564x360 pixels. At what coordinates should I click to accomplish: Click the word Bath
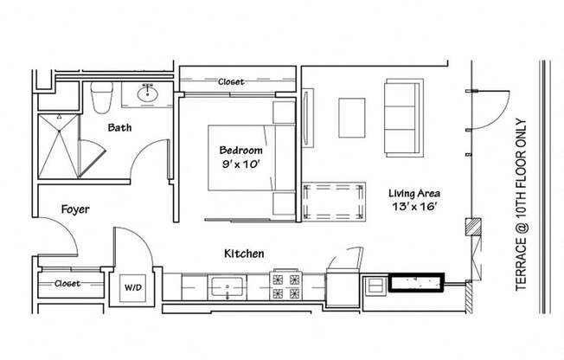119,128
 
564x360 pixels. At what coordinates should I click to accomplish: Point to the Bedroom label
240,150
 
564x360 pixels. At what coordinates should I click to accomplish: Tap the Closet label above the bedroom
231,81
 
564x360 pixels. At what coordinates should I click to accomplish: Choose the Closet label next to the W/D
67,283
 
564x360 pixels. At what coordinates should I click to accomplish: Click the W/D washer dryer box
134,286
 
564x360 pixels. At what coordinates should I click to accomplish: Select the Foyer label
75,209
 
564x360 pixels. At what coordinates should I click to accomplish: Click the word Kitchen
244,254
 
